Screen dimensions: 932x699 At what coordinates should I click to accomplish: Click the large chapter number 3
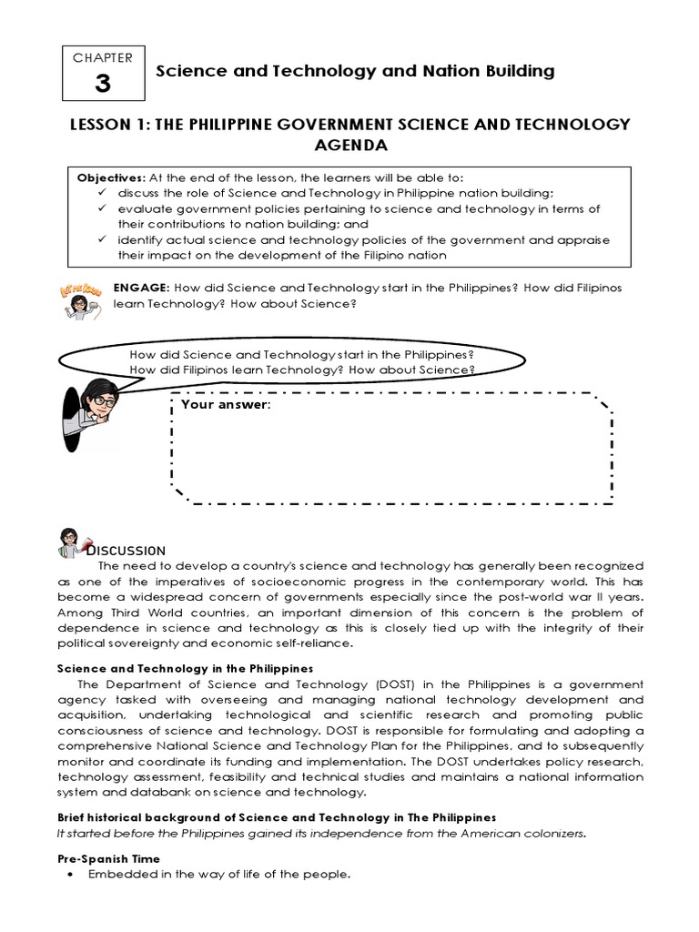tap(102, 84)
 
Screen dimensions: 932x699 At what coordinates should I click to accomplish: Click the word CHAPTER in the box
tap(102, 57)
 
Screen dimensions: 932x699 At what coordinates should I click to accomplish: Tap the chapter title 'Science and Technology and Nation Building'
tap(356, 71)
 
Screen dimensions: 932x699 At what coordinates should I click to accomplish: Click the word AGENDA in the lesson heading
tap(349, 145)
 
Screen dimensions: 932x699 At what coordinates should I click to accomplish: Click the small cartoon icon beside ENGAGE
tap(80, 299)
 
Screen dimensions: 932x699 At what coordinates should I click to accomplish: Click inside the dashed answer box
tap(391, 455)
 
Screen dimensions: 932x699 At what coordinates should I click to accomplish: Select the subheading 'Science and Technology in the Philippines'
tap(185, 668)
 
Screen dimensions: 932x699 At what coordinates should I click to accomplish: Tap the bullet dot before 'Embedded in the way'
tap(71, 875)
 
